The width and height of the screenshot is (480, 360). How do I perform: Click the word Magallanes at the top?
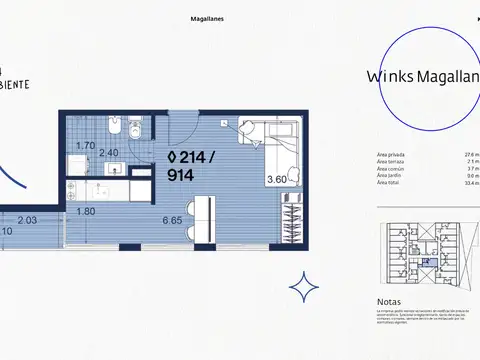(x=207, y=19)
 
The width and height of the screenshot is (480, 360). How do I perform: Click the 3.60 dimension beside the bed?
(x=275, y=180)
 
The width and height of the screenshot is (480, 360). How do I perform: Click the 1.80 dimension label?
(x=87, y=211)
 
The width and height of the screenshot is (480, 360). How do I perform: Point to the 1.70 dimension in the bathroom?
(x=87, y=146)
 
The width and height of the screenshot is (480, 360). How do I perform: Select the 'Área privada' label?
(x=390, y=155)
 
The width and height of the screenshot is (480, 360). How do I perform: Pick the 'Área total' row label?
(x=388, y=184)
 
